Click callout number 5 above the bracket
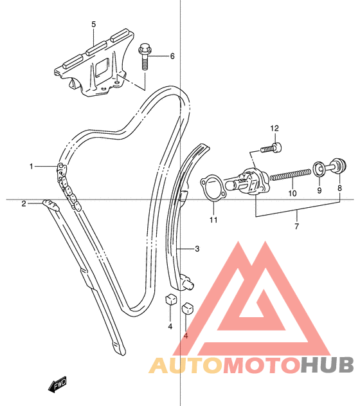[x=94, y=24]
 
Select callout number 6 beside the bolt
[x=172, y=56]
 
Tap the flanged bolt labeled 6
[x=144, y=57]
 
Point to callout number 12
[x=274, y=128]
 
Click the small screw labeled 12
[x=271, y=148]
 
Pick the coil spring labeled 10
[x=290, y=174]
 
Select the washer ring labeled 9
[x=319, y=169]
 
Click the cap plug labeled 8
[x=336, y=166]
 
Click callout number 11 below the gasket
[x=213, y=220]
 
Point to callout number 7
[x=296, y=226]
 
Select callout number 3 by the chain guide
[x=197, y=249]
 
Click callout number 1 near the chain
[x=32, y=166]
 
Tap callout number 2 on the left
[x=24, y=204]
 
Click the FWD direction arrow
[x=57, y=384]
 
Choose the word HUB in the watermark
[x=327, y=365]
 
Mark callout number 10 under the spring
[x=292, y=193]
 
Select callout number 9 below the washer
[x=319, y=190]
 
